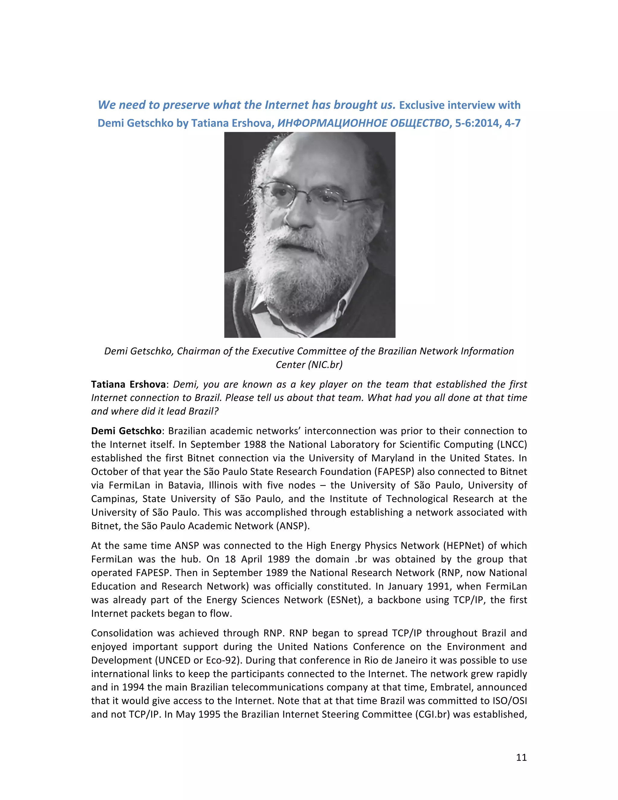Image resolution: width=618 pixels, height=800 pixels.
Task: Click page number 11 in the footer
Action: point(521,757)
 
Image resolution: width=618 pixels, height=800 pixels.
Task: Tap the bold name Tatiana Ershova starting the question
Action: point(128,384)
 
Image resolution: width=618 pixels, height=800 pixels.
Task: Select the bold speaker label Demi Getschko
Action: point(126,431)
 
